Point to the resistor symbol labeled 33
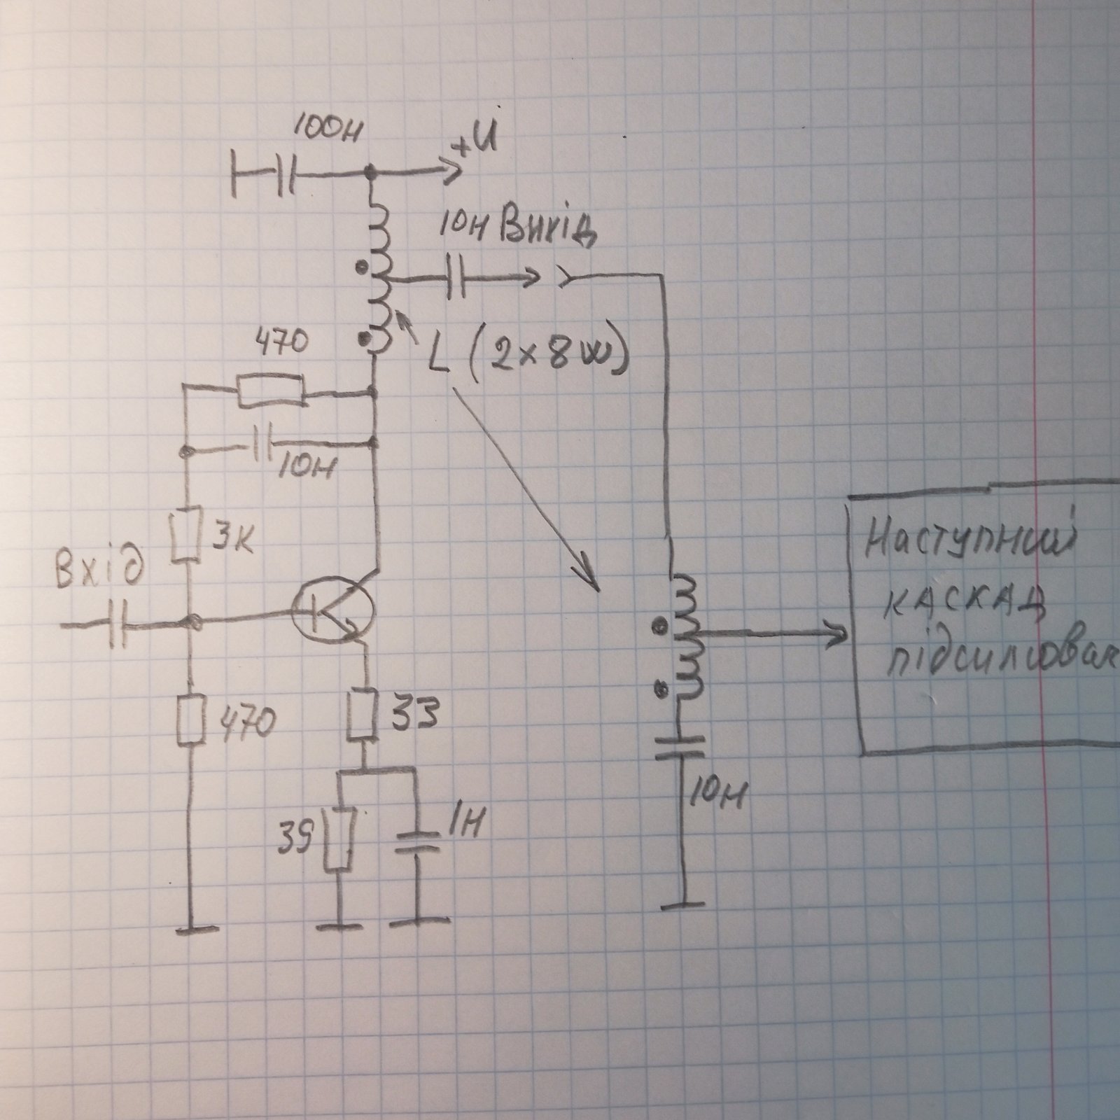365,714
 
